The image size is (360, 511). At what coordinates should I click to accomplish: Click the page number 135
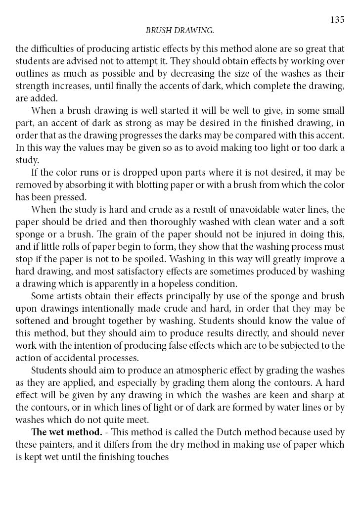point(337,20)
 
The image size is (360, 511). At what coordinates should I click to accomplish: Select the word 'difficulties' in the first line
point(52,48)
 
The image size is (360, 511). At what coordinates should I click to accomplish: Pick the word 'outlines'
point(31,75)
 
